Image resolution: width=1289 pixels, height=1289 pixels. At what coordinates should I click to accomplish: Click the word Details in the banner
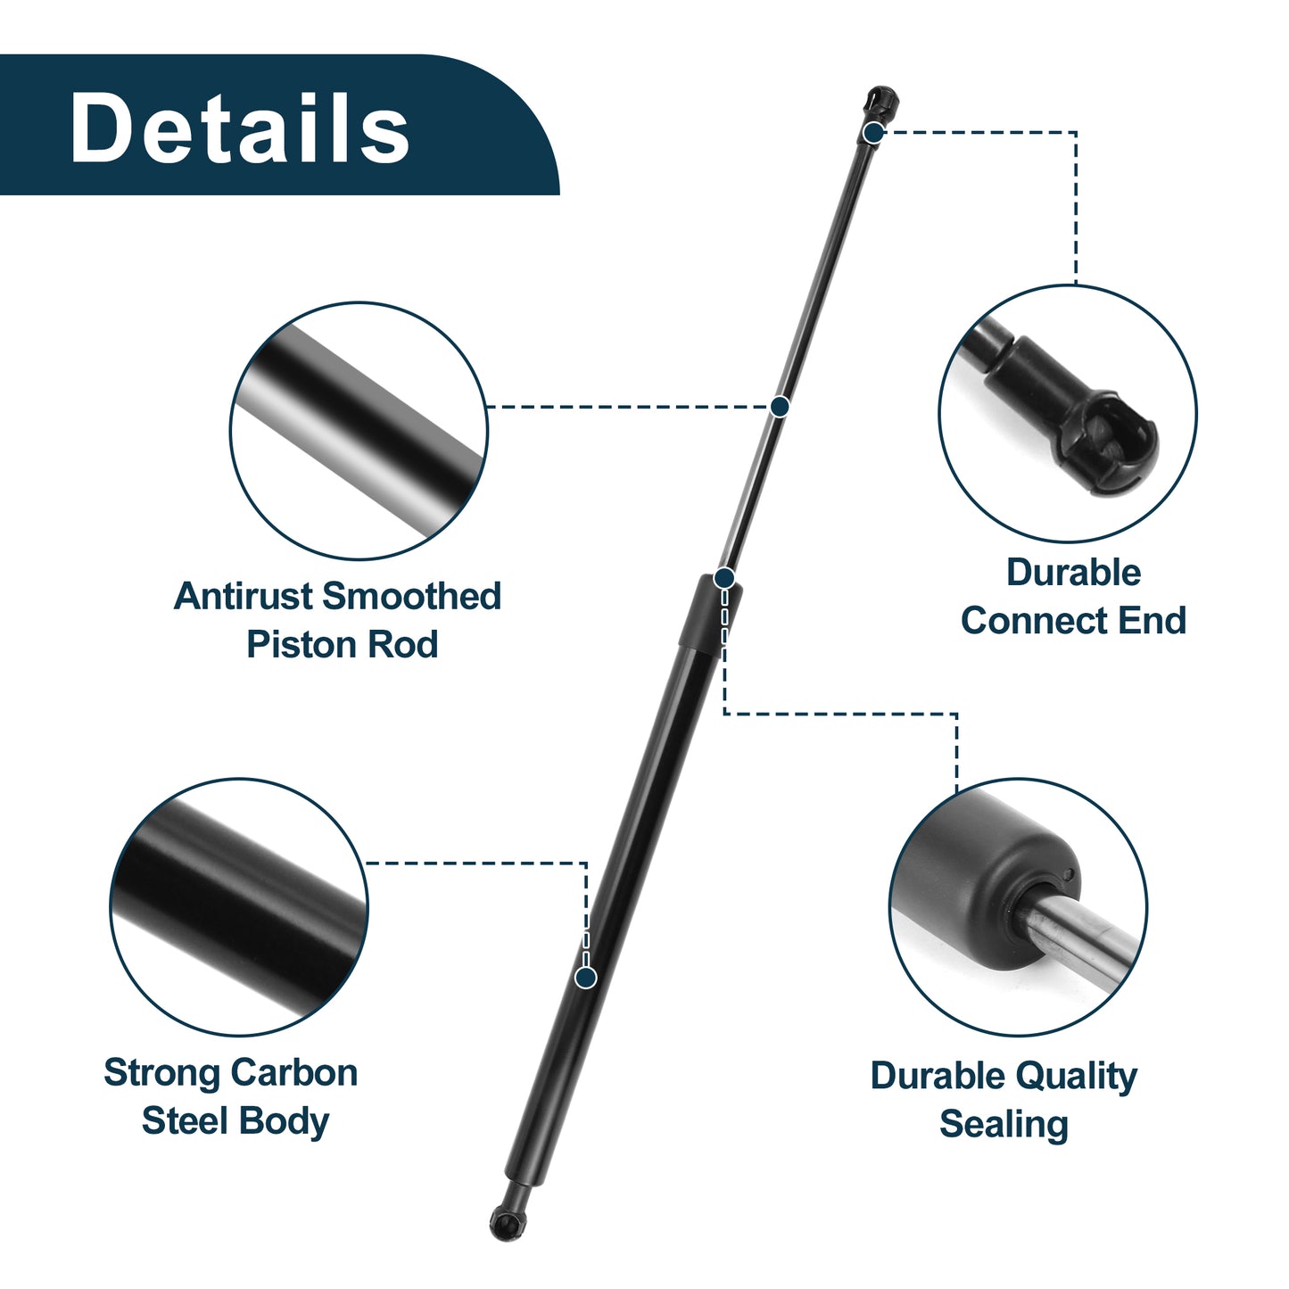click(x=240, y=127)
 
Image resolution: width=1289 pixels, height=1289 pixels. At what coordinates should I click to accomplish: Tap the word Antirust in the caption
click(x=244, y=595)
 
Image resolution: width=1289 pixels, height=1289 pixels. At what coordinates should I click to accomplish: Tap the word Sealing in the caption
click(x=1004, y=1125)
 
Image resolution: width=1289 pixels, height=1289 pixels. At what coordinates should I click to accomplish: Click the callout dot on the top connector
click(x=872, y=132)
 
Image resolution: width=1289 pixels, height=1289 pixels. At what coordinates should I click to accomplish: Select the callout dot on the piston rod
click(x=780, y=406)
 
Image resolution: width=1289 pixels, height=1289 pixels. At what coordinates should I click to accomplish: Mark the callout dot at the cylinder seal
click(x=723, y=577)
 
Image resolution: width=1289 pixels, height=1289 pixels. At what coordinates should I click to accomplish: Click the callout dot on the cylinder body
click(x=586, y=978)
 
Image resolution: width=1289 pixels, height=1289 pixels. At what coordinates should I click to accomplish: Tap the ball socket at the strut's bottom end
click(x=507, y=1224)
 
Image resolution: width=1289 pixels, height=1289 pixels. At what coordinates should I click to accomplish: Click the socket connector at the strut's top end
click(x=880, y=104)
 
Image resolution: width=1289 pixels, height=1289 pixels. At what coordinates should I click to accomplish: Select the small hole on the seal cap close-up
click(x=1069, y=874)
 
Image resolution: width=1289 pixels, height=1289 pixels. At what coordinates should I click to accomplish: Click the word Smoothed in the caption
click(x=412, y=595)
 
